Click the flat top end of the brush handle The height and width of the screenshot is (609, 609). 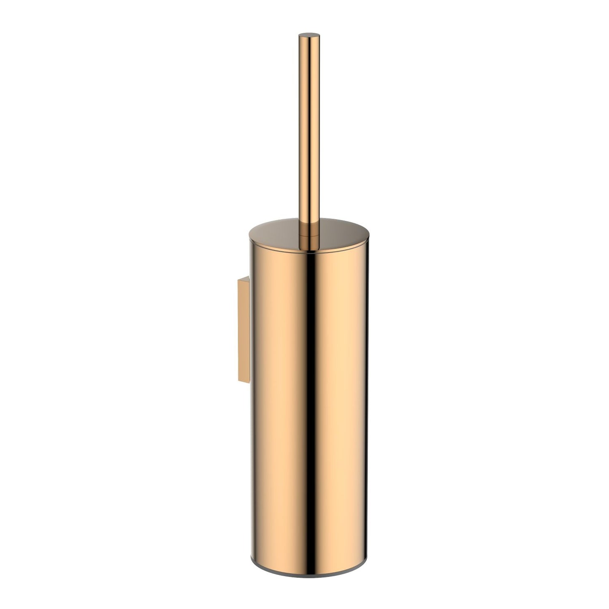coord(309,35)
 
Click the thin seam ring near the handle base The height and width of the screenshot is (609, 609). coord(309,236)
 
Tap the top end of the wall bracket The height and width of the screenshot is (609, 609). coord(244,279)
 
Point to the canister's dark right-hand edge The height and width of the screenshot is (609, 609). coord(366,400)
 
